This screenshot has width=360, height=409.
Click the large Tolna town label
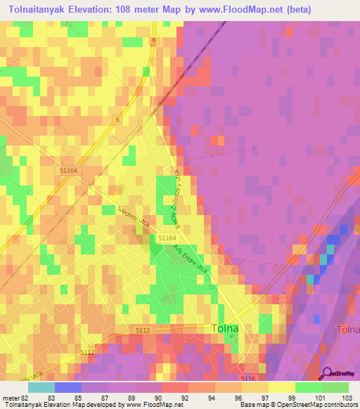[x=226, y=328]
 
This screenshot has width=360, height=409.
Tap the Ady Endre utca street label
[x=193, y=259]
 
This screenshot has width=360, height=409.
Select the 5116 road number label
[x=247, y=378]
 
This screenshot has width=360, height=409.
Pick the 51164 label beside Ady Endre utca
[x=167, y=239]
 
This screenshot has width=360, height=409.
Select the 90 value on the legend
[x=147, y=397]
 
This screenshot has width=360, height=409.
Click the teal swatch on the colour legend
[x=41, y=387]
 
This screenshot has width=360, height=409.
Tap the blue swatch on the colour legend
[x=68, y=387]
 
